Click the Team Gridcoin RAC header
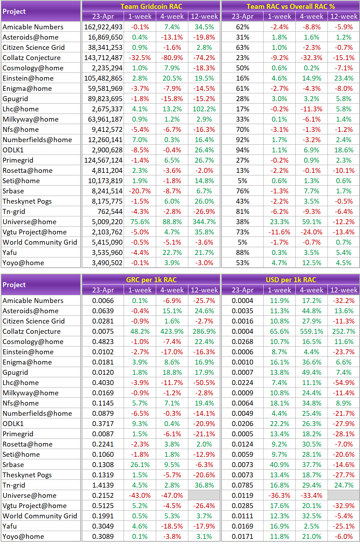pyautogui.click(x=151, y=6)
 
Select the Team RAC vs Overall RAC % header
pyautogui.click(x=290, y=6)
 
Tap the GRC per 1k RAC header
pyautogui.click(x=151, y=280)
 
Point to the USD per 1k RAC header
pyautogui.click(x=290, y=280)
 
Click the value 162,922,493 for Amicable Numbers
pyautogui.click(x=103, y=27)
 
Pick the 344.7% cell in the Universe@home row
pyautogui.click(x=204, y=222)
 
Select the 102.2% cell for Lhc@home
pyautogui.click(x=204, y=109)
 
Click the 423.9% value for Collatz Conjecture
pyautogui.click(x=172, y=331)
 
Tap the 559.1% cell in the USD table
pyautogui.click(x=312, y=331)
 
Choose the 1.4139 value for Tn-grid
pyautogui.click(x=103, y=485)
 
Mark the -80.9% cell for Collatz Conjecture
pyautogui.click(x=172, y=58)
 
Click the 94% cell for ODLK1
pyautogui.click(x=242, y=150)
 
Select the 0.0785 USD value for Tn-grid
pyautogui.click(x=242, y=485)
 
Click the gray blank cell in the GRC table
pyautogui.click(x=204, y=495)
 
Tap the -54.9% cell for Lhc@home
pyautogui.click(x=343, y=383)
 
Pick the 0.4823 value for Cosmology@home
pyautogui.click(x=103, y=342)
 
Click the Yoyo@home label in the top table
pyautogui.click(x=23, y=263)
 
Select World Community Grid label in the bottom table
pyautogui.click(x=40, y=516)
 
